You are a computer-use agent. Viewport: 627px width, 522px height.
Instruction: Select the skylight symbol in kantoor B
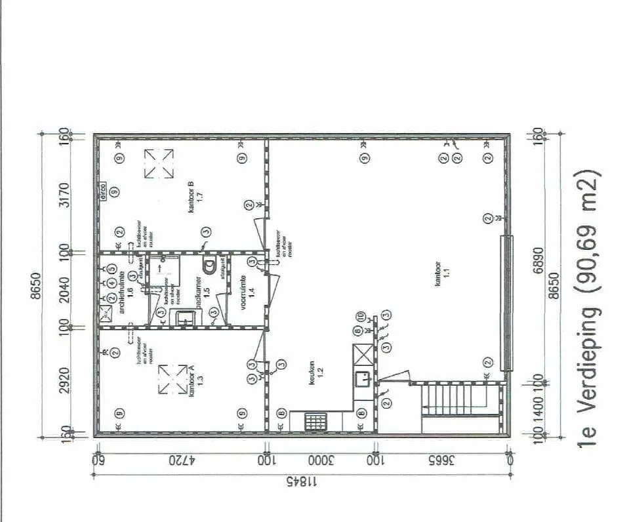tap(159, 163)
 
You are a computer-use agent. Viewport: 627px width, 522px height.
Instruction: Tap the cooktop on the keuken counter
tap(315, 421)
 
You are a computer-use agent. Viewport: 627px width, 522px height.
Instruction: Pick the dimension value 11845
tap(300, 483)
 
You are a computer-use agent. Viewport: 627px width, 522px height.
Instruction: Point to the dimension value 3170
tap(64, 195)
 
